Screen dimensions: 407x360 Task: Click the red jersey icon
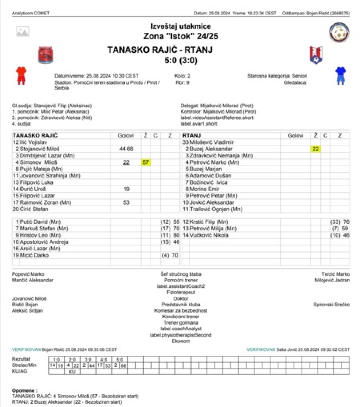coord(21,75)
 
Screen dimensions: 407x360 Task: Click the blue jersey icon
coord(340,75)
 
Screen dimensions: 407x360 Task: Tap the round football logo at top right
coord(339,32)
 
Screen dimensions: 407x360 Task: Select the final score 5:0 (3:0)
coord(180,60)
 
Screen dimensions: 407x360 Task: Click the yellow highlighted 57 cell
coord(145,162)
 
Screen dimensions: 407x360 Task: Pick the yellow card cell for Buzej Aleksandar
coord(315,149)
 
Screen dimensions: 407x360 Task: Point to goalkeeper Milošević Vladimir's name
coord(211,142)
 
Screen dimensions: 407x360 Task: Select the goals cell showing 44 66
coord(126,149)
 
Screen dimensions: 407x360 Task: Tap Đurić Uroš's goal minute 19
coord(126,189)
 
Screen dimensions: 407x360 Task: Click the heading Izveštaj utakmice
coord(180,26)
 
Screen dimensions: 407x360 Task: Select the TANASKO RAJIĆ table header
coord(35,135)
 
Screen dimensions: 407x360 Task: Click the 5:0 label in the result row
coord(119,360)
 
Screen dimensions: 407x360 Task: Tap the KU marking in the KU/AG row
coord(72,371)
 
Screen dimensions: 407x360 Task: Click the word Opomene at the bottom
coord(24,390)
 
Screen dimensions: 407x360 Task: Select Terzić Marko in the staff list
coord(335,274)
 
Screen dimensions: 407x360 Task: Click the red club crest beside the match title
coord(46,55)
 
